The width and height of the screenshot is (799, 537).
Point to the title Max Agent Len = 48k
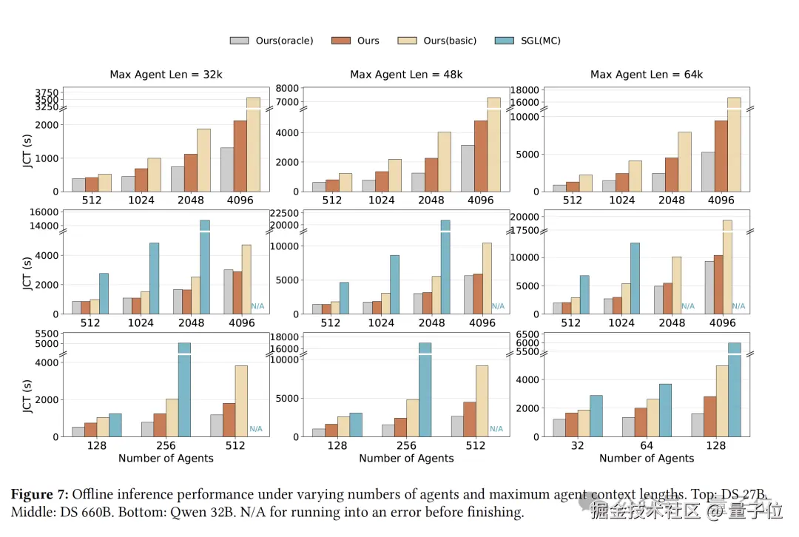(x=406, y=75)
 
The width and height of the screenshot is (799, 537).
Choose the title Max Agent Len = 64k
(x=647, y=75)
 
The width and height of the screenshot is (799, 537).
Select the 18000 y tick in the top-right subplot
(x=527, y=89)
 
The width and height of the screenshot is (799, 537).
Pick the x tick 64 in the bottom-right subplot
(x=647, y=446)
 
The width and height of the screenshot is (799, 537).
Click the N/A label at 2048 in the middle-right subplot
(x=688, y=306)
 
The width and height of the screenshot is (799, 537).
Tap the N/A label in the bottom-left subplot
(x=256, y=429)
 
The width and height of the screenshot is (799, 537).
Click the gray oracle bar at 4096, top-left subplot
(x=226, y=169)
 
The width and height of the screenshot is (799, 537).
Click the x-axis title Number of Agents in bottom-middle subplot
(x=406, y=459)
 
